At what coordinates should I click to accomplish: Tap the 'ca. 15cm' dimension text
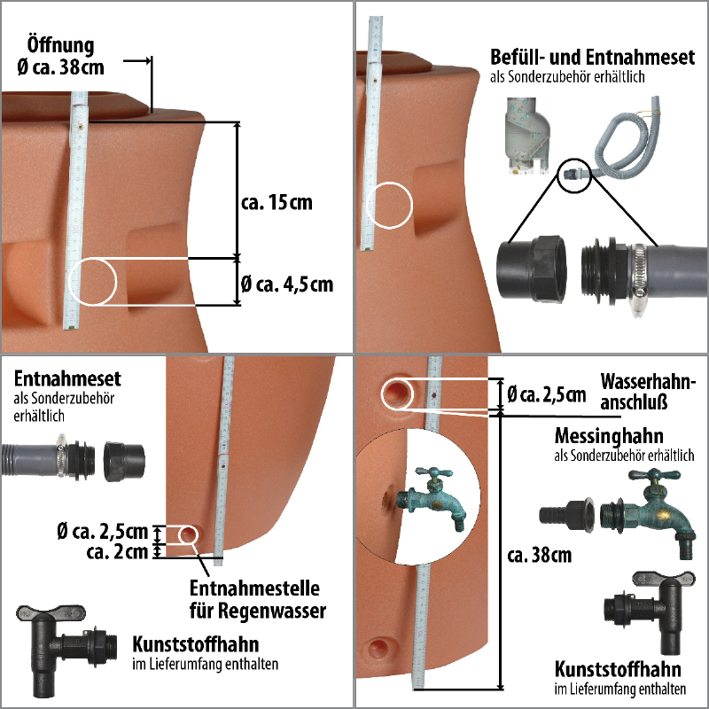[277, 202]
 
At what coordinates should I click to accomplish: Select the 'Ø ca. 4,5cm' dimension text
[286, 284]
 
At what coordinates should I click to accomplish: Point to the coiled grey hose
[624, 146]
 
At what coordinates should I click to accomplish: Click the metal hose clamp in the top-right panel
[637, 276]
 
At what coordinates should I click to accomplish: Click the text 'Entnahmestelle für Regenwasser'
[258, 600]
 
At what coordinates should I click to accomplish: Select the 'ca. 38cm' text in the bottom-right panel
[539, 556]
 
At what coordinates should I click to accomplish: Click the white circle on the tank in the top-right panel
[390, 205]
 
